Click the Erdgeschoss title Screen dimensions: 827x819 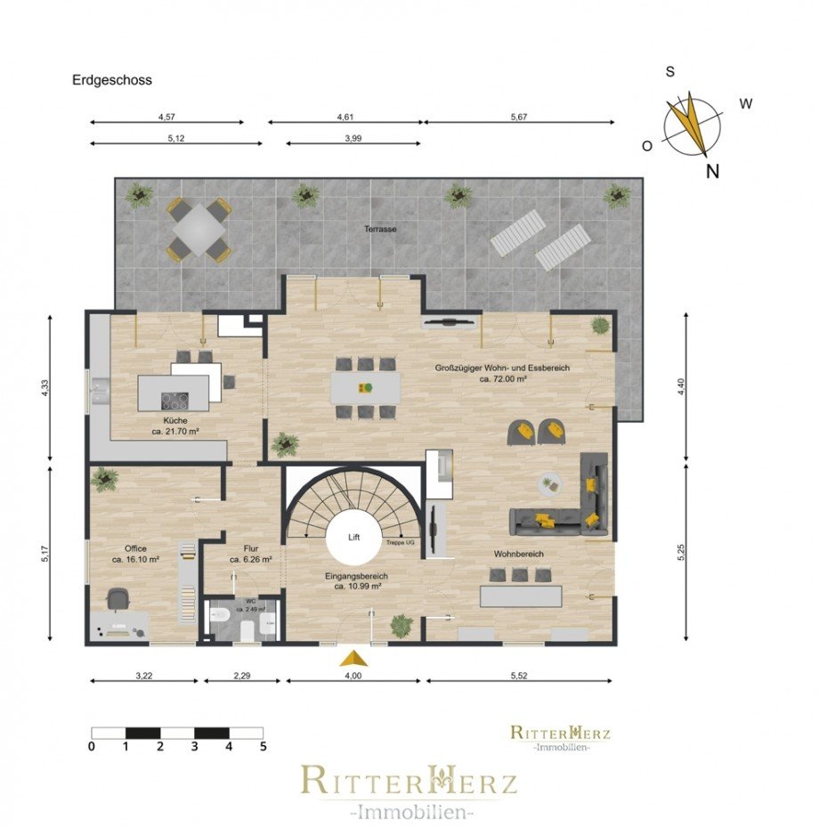(112, 80)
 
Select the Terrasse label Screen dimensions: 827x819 (380, 229)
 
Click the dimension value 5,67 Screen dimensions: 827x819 (519, 117)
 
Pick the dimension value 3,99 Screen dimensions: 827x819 (353, 137)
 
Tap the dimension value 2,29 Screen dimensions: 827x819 (242, 676)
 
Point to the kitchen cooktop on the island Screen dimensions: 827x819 (174, 400)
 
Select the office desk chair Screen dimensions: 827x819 (118, 600)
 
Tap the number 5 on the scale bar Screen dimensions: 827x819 (262, 747)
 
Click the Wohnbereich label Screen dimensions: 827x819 (519, 554)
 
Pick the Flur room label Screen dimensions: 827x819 (239, 548)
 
